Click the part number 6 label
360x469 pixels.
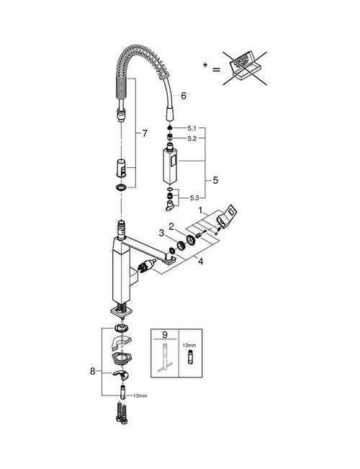(x=184, y=95)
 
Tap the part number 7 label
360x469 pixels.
(x=144, y=134)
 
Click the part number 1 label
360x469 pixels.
(x=211, y=209)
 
